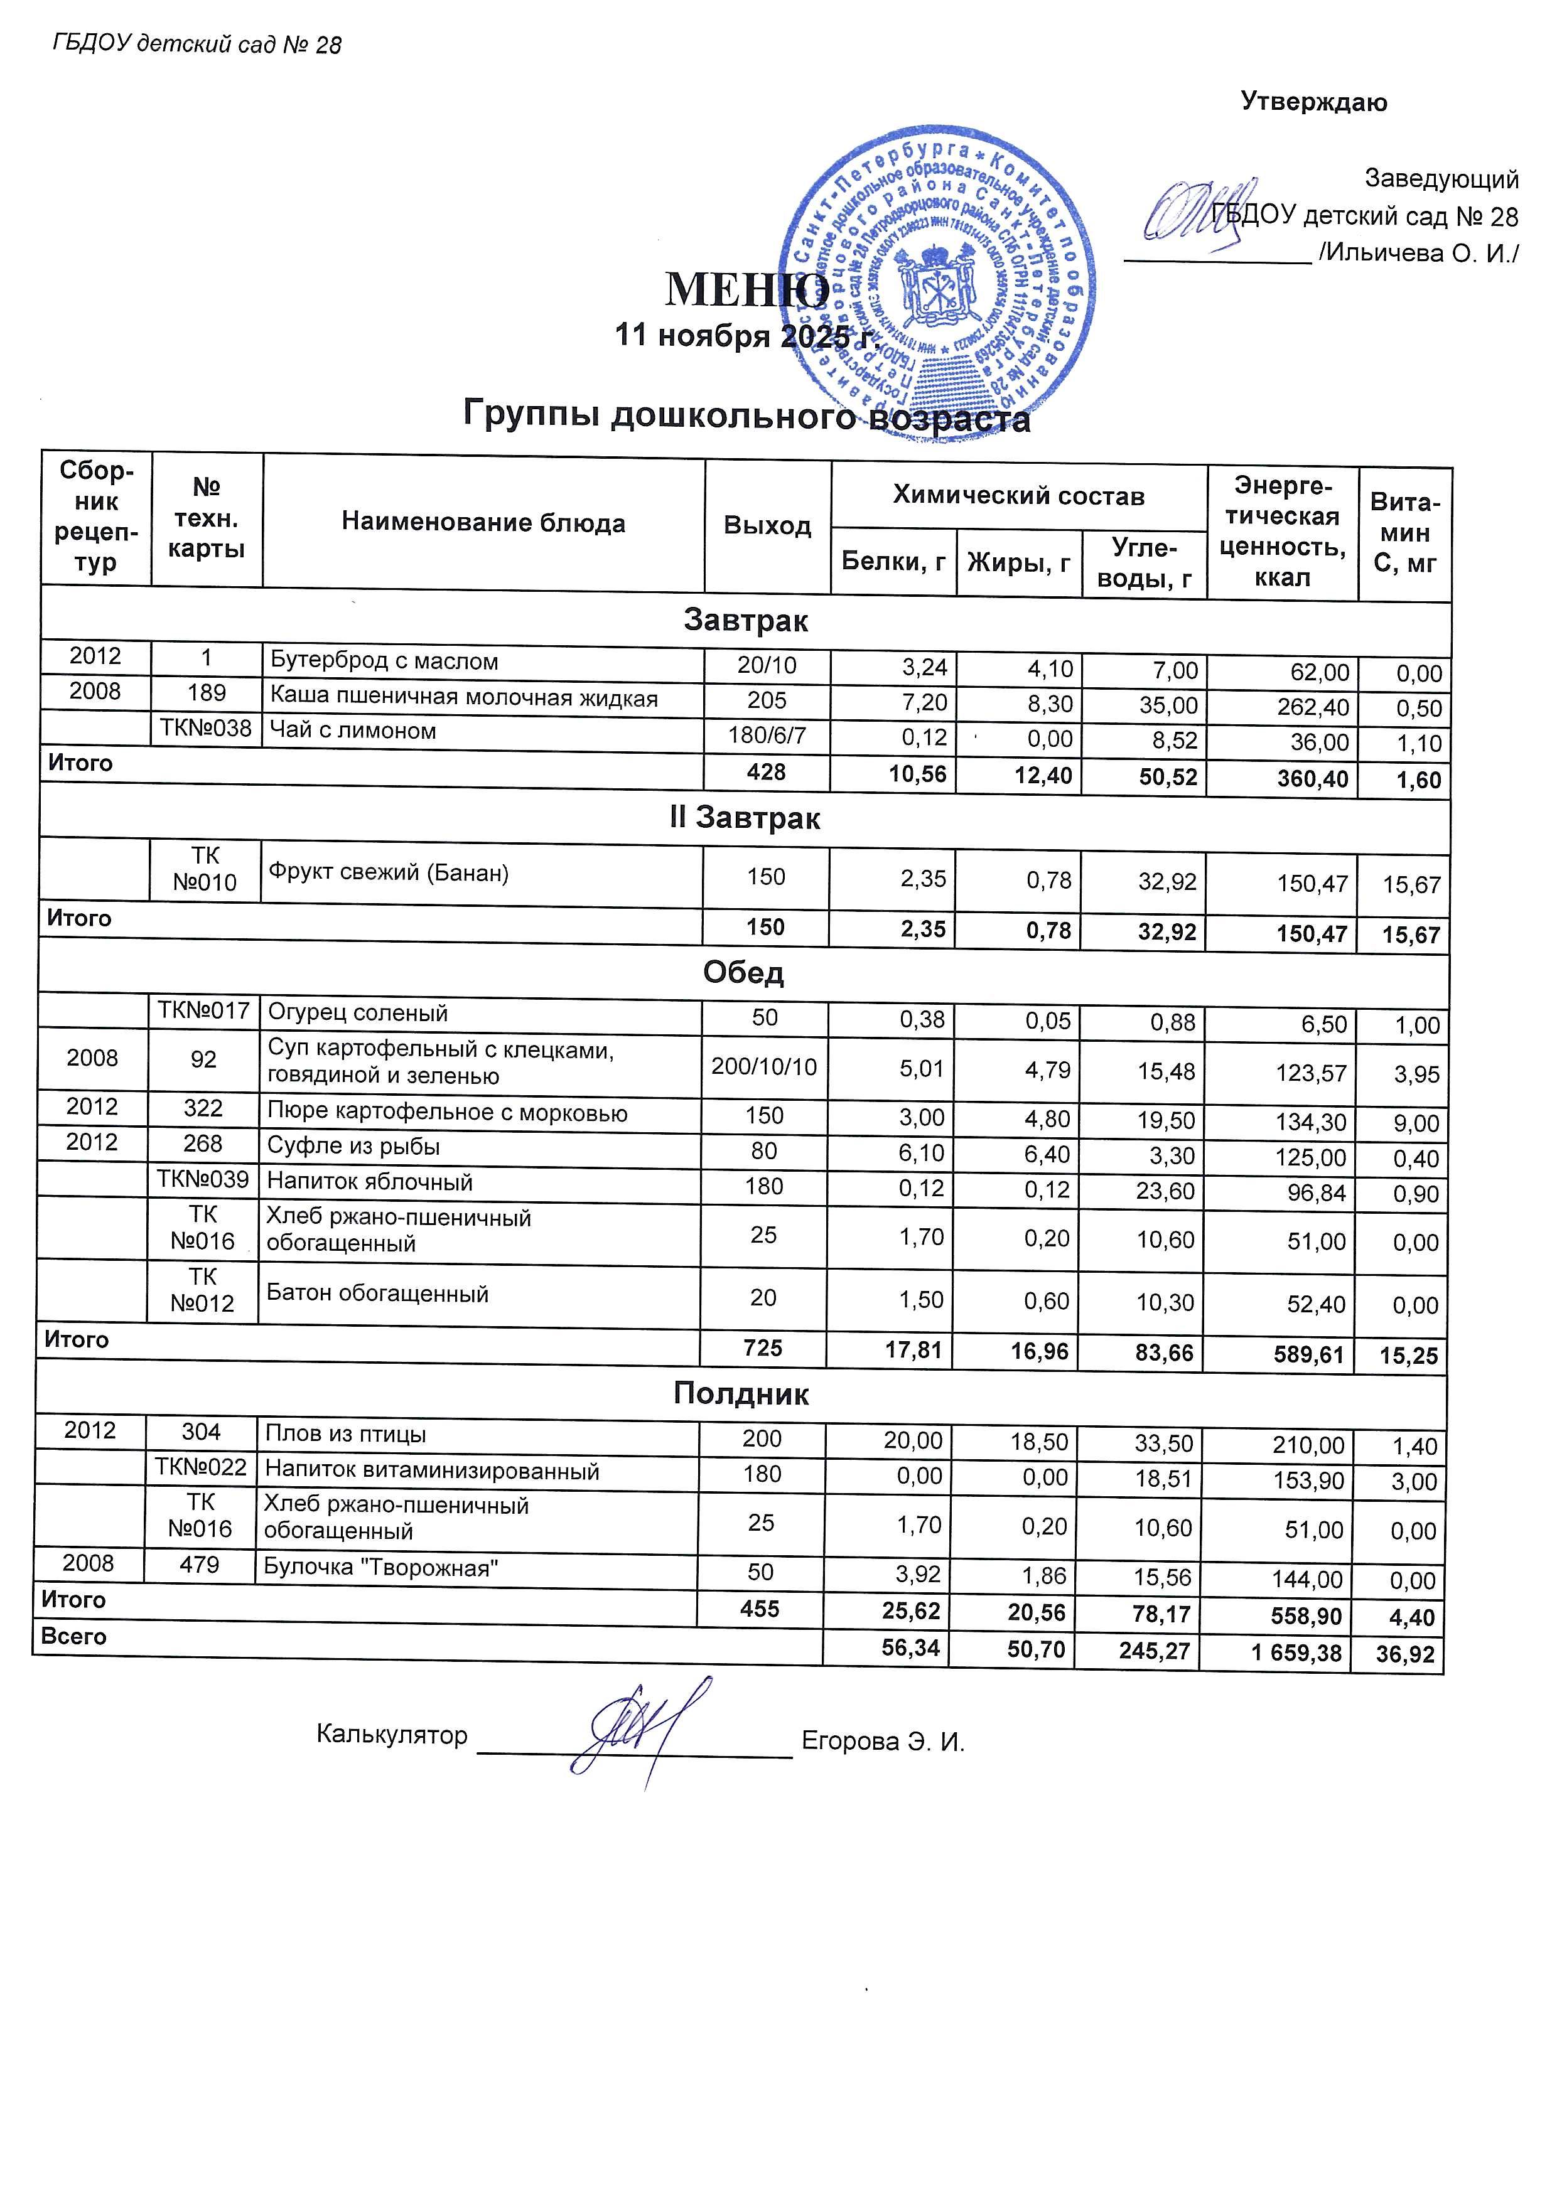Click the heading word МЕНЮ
(x=747, y=289)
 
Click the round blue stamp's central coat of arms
(x=937, y=284)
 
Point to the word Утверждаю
(x=1313, y=102)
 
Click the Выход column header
(x=767, y=525)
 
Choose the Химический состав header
(x=1018, y=496)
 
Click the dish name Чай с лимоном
(x=353, y=731)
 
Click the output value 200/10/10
(x=764, y=1066)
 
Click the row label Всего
(x=74, y=1636)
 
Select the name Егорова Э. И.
(x=882, y=1741)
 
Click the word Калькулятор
(x=391, y=1735)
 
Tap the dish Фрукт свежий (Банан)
(x=388, y=872)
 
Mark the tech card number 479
(x=200, y=1565)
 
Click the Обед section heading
(x=743, y=972)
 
